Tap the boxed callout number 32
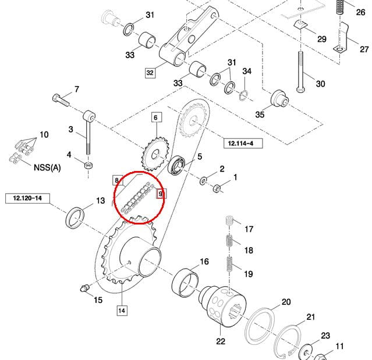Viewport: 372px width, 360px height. pyautogui.click(x=150, y=73)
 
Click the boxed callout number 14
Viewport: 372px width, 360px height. pyautogui.click(x=121, y=310)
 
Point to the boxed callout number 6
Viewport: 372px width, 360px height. pyautogui.click(x=155, y=117)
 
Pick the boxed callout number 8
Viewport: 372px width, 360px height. pyautogui.click(x=116, y=180)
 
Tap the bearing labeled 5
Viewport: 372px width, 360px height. pyautogui.click(x=177, y=165)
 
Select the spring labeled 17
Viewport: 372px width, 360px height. pyautogui.click(x=229, y=222)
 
